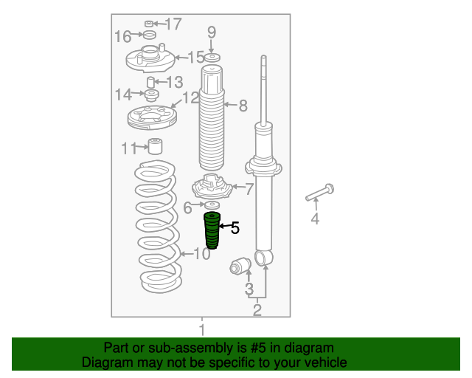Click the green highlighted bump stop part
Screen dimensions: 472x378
pos(212,230)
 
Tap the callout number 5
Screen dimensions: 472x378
pos(235,228)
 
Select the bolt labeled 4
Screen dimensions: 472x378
pos(319,192)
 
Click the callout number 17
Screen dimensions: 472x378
pos(173,24)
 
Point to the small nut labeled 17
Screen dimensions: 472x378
pos(149,24)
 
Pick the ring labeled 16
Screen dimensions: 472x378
pos(149,35)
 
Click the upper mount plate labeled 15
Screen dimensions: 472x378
pos(150,58)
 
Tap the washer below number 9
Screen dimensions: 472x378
pos(212,58)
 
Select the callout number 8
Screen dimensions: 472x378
pos(243,106)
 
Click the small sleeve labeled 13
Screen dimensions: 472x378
pos(150,82)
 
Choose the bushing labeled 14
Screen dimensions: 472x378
pos(152,95)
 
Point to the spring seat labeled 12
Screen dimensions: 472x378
pos(152,117)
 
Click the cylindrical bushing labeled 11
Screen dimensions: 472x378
pos(156,146)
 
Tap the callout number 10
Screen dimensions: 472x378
pos(202,254)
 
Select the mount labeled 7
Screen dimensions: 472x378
pos(212,187)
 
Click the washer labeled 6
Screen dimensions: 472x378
pos(212,205)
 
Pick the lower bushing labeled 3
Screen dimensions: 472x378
pos(240,266)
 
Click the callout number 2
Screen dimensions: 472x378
pos(257,310)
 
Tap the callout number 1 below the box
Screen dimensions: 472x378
pos(202,330)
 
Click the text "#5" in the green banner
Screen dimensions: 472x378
pos(258,348)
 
